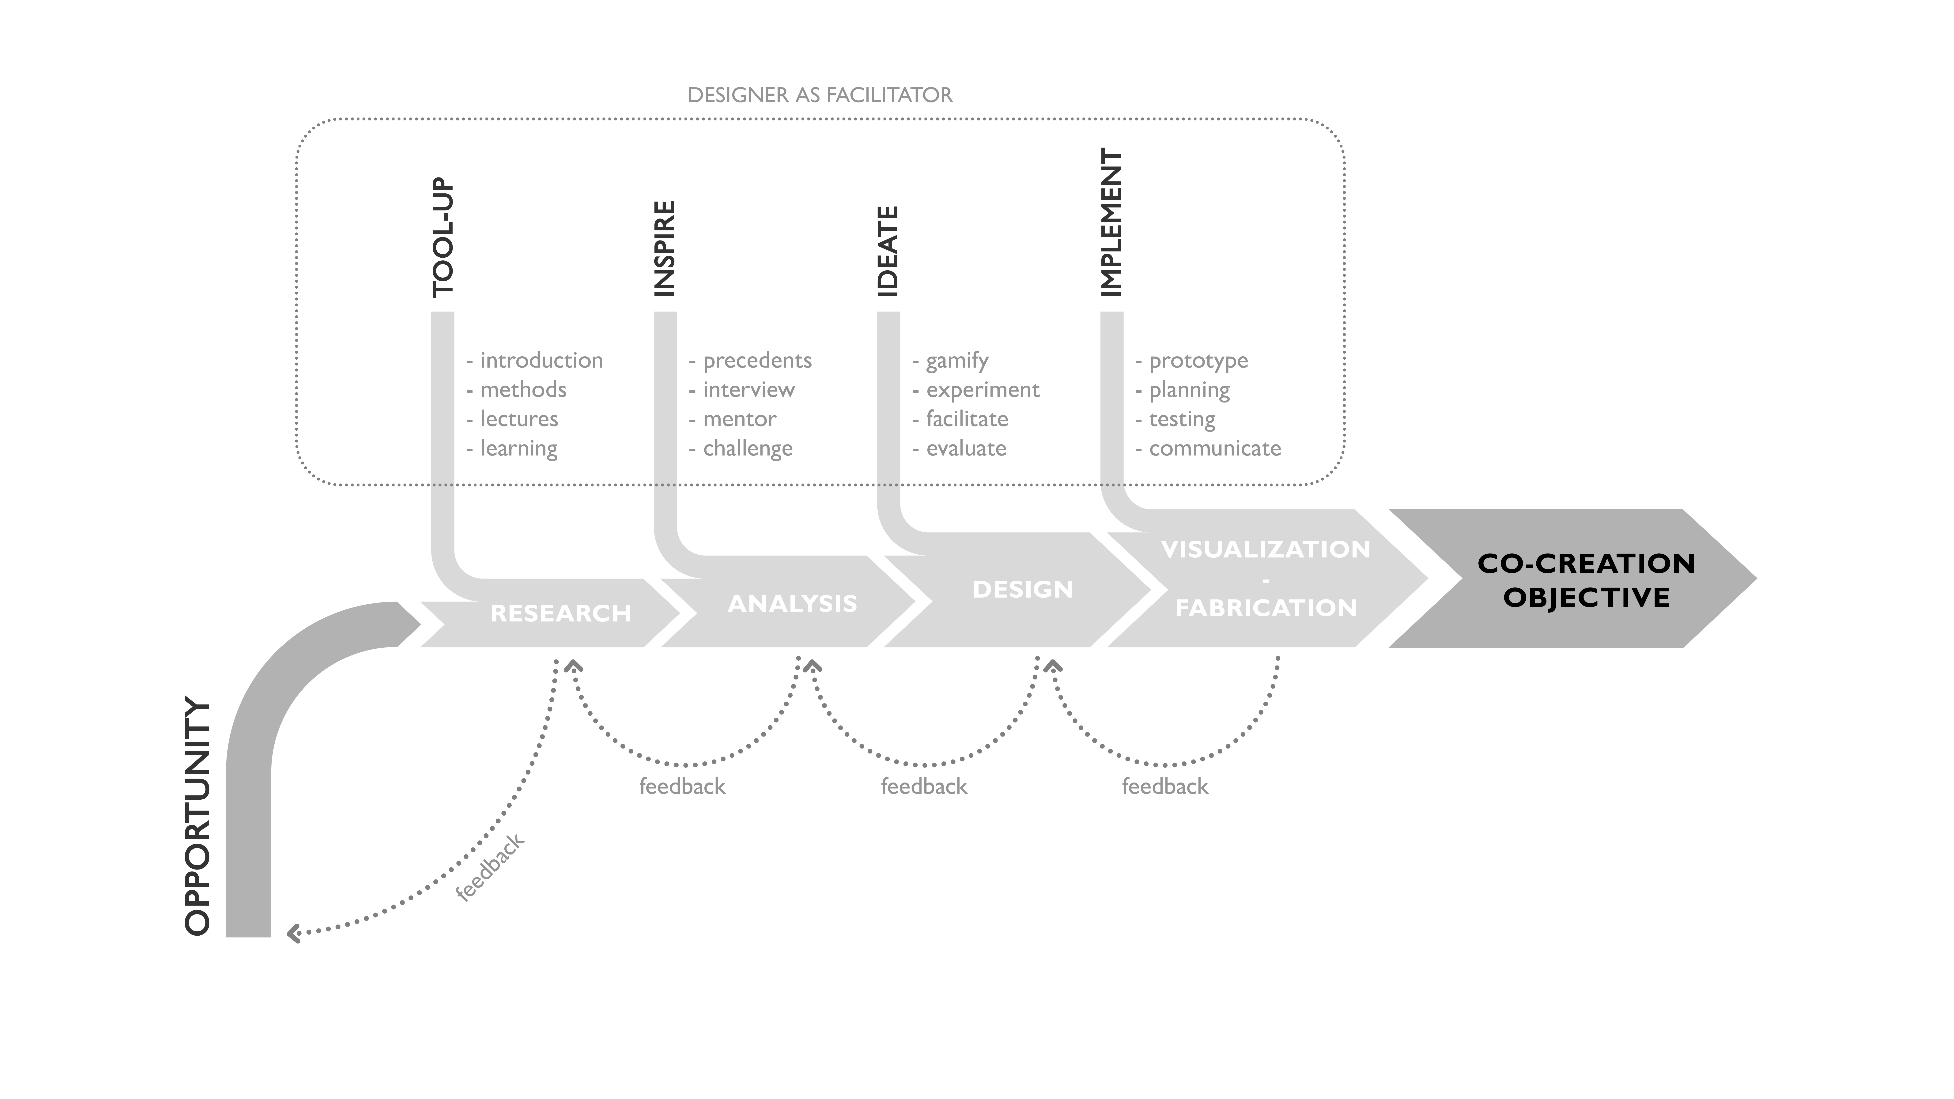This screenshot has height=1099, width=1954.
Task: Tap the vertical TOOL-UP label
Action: (443, 237)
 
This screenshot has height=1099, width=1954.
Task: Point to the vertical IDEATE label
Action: (888, 251)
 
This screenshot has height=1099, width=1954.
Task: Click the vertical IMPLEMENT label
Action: (1111, 222)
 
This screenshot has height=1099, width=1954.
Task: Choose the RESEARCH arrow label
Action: (561, 613)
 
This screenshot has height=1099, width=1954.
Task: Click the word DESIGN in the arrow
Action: (1023, 589)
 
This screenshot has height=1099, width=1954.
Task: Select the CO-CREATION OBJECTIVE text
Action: (1586, 580)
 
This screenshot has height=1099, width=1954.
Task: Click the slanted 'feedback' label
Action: (490, 867)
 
